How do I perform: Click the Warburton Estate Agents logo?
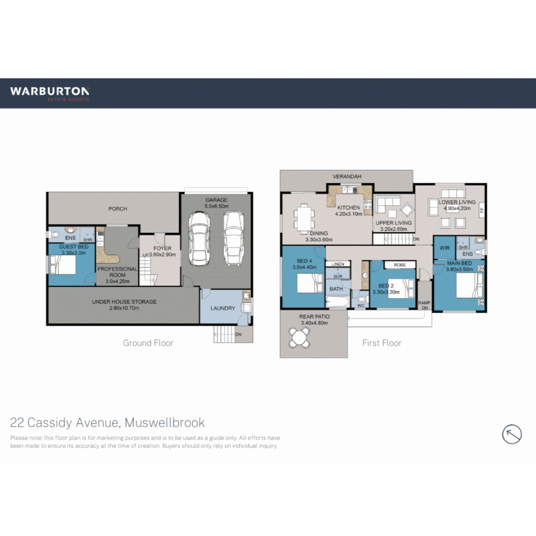[x=50, y=93]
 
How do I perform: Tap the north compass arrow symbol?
[x=512, y=434]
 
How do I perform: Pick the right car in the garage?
[x=233, y=238]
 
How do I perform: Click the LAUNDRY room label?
[x=223, y=308]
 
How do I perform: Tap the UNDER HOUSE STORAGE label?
[x=124, y=302]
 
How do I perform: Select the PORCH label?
[x=118, y=209]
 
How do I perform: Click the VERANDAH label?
[x=346, y=176]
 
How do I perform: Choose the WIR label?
[x=444, y=248]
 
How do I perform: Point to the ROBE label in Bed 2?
[x=400, y=265]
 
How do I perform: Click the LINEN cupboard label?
[x=337, y=265]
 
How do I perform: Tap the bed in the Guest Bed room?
[x=63, y=266]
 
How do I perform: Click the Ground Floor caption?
[x=148, y=343]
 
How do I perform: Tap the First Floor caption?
[x=382, y=343]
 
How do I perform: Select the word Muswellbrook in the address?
[x=165, y=423]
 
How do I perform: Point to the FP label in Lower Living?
[x=481, y=210]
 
